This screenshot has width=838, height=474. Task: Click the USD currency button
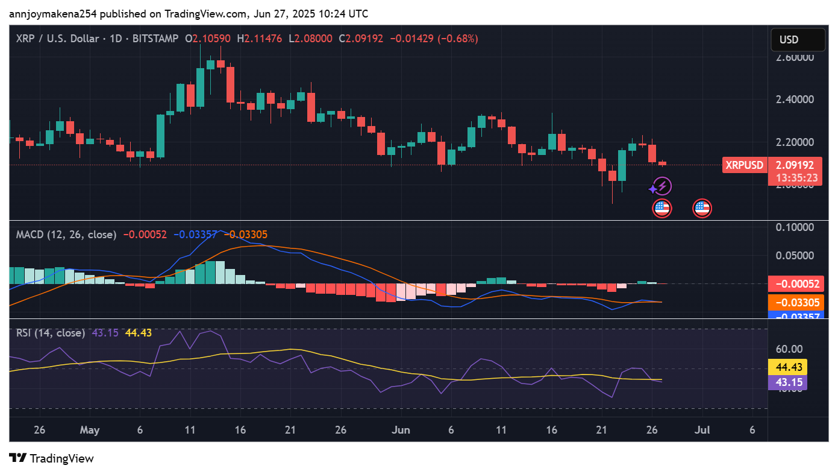[x=798, y=40]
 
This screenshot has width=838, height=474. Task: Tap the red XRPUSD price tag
[x=744, y=165]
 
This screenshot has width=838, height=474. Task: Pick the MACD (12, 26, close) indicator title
[x=66, y=235]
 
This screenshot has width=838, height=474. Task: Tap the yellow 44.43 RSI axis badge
[x=788, y=367]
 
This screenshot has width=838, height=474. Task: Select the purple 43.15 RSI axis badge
[x=788, y=382]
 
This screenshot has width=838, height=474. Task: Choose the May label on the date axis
[x=89, y=430]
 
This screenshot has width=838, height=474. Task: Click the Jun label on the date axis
[x=401, y=430]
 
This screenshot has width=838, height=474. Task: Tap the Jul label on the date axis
[x=702, y=430]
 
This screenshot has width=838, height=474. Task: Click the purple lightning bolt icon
[x=662, y=186]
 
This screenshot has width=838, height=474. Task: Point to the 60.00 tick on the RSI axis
[x=788, y=349]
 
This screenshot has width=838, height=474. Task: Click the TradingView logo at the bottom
[x=52, y=458]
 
